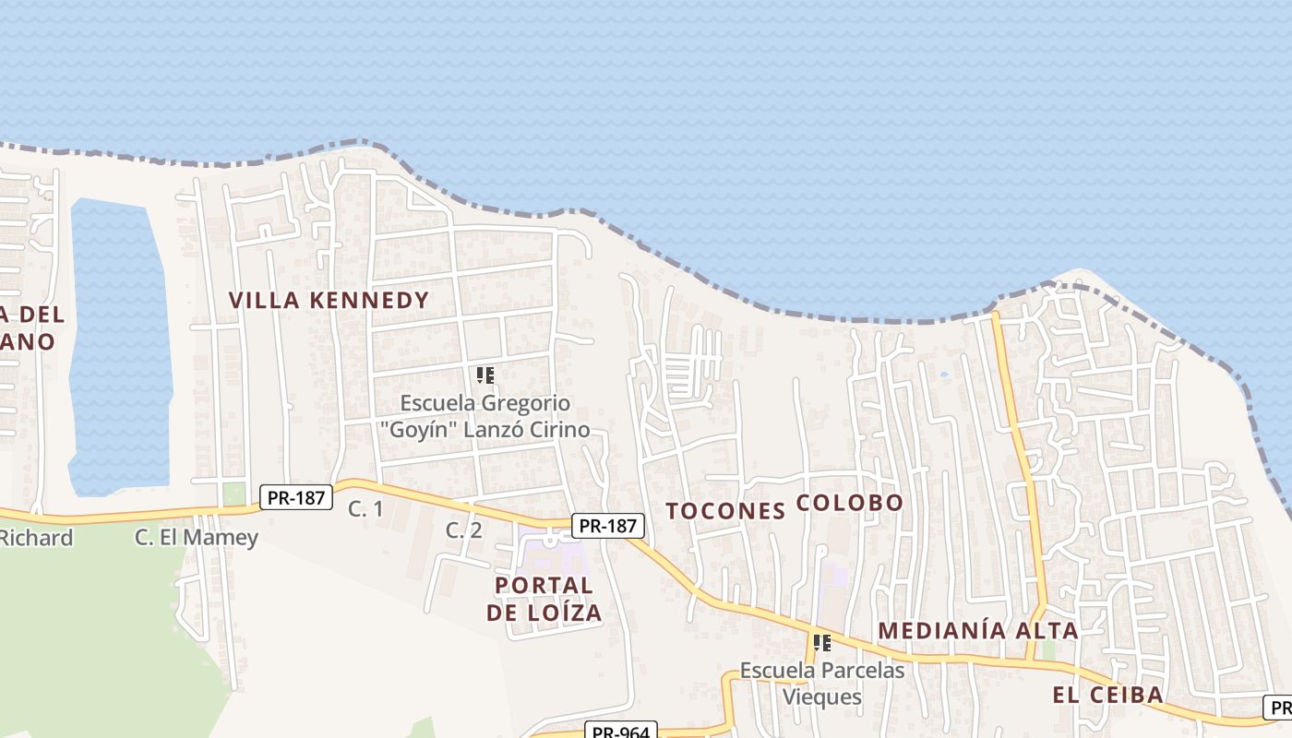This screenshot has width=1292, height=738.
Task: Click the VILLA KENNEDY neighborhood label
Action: pos(329,300)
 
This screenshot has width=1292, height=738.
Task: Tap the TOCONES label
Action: pos(725,511)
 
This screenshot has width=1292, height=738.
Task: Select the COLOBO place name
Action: pos(849,503)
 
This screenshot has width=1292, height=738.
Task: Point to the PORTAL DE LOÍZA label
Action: pos(544,598)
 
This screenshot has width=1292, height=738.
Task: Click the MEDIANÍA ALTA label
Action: pos(977,631)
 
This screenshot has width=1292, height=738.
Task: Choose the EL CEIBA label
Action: pos(1107,696)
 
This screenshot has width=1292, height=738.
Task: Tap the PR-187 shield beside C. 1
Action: pos(295,497)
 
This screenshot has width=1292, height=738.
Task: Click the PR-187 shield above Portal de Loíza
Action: pos(607,526)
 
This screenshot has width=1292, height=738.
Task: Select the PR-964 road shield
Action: pos(620,732)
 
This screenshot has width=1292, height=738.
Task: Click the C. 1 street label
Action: pos(365,508)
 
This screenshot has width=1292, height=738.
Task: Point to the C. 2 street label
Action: pos(463,530)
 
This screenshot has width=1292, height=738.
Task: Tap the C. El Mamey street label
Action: pos(197,537)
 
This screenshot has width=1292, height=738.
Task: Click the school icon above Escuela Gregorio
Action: pos(485,375)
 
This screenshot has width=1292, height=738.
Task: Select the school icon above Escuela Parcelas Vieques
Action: pos(822,642)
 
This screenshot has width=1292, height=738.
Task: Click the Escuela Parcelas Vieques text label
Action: pos(822,683)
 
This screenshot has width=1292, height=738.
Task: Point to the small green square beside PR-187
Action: pos(234,494)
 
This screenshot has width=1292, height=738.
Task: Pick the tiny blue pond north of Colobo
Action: pos(943,375)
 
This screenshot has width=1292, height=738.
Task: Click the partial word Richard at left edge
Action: pos(37,538)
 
